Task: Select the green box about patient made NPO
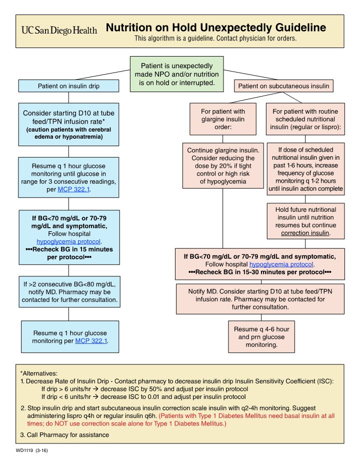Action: pyautogui.click(x=176, y=74)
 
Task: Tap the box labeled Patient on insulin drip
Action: pyautogui.click(x=68, y=86)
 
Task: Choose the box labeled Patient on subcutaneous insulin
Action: pyautogui.click(x=283, y=86)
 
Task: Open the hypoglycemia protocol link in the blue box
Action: pyautogui.click(x=68, y=241)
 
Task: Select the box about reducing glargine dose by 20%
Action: pyautogui.click(x=223, y=166)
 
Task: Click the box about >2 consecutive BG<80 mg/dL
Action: pyautogui.click(x=68, y=292)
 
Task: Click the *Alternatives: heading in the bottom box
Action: pyautogui.click(x=39, y=373)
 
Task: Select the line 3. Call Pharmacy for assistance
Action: pyautogui.click(x=64, y=435)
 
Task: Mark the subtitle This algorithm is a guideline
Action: pyautogui.click(x=215, y=39)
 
